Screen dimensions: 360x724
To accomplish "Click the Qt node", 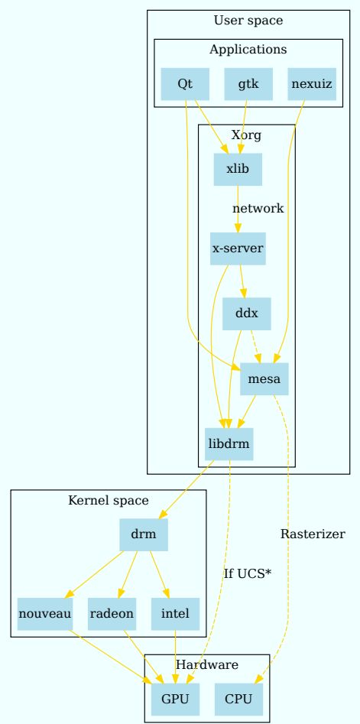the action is [x=185, y=84].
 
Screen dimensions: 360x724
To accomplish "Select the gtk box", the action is [x=248, y=84].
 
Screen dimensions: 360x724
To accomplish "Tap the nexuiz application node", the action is [x=312, y=84].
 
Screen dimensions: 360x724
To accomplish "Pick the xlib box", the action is [x=238, y=169].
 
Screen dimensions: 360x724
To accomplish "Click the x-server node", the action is [x=238, y=248].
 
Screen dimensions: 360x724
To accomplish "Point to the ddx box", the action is [x=246, y=313].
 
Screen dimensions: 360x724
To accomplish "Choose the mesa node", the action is [x=264, y=379].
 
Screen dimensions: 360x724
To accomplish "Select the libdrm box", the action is [x=229, y=444].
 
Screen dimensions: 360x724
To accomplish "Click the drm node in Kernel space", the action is [x=144, y=534].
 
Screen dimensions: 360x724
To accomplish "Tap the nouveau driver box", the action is [x=45, y=614].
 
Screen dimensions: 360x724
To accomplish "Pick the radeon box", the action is [x=112, y=614].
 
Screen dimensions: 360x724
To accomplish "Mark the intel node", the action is [x=175, y=614].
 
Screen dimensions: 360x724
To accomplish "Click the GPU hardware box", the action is [x=175, y=699].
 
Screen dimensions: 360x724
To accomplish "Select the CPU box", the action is [x=238, y=699].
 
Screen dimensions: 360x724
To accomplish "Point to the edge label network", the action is [x=258, y=208].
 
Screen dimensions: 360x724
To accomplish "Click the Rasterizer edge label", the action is [x=313, y=534].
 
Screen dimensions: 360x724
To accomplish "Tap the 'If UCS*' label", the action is [x=248, y=574].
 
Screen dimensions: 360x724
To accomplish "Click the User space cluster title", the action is [x=248, y=21].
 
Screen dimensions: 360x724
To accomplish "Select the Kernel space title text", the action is [x=109, y=500].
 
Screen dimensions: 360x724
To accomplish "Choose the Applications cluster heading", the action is [x=248, y=50].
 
